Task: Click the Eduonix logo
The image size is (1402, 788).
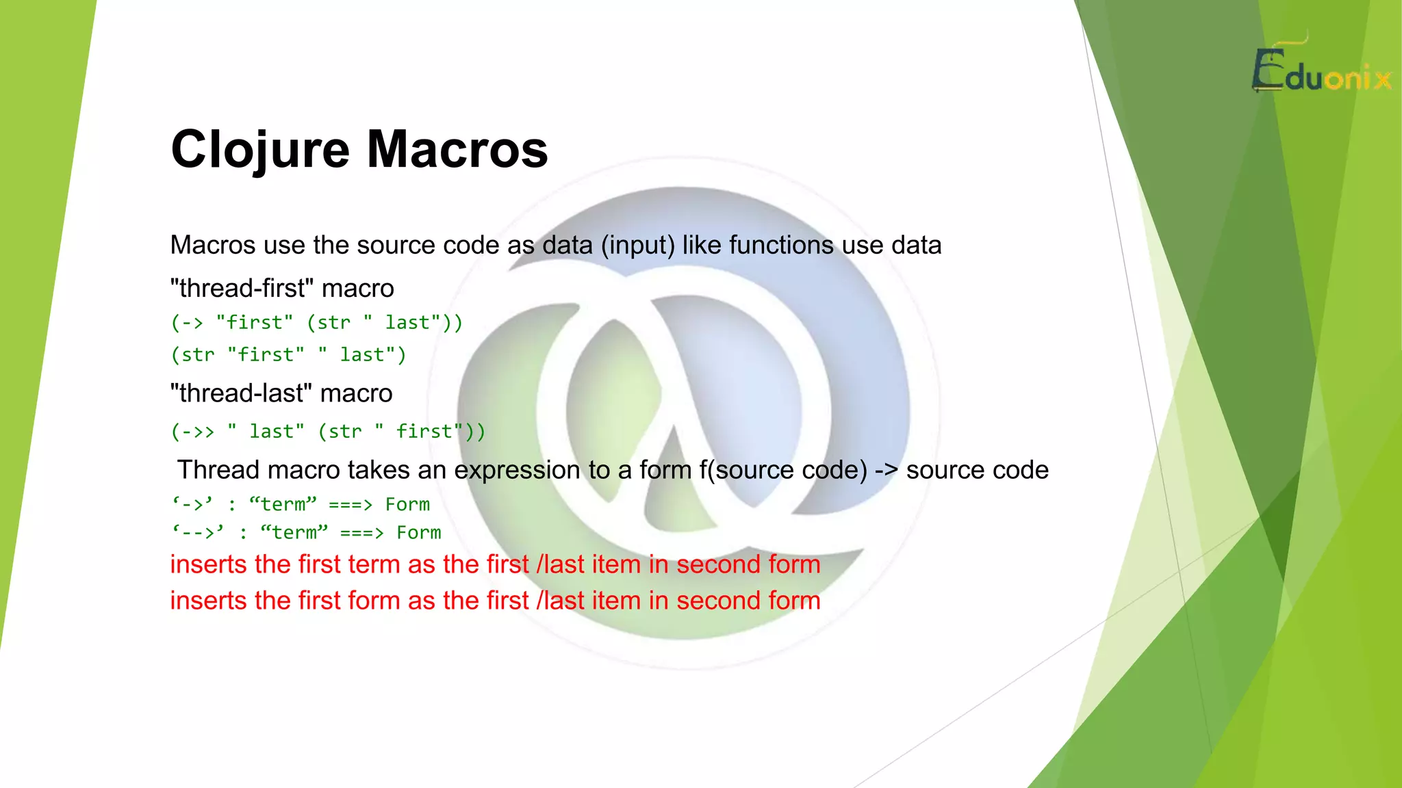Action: coord(1321,72)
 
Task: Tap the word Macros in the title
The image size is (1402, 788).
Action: coord(457,149)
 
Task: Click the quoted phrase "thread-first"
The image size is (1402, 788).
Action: coord(242,289)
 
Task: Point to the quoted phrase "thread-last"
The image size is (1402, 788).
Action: coord(241,394)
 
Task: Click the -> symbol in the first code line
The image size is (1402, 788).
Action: coord(192,323)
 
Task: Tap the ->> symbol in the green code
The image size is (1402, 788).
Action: coord(198,432)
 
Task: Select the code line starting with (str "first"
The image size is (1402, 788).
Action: coord(288,355)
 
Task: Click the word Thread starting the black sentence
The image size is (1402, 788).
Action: coord(220,471)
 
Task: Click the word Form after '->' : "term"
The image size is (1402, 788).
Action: coord(407,505)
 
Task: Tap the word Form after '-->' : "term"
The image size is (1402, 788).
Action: coord(419,533)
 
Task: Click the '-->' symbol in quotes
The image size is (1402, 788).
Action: coord(198,533)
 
